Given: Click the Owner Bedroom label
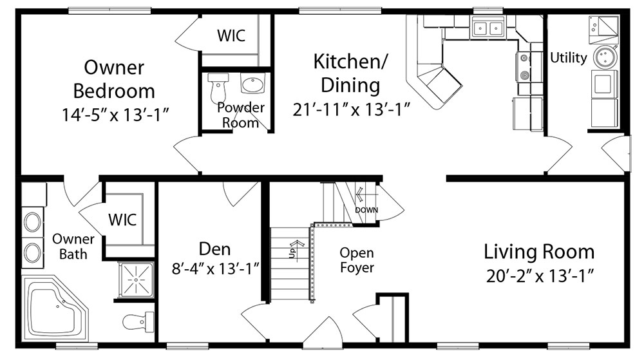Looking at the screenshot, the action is (114, 79).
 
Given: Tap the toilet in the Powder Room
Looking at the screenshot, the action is (218, 88).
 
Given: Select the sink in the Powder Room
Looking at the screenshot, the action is (252, 84).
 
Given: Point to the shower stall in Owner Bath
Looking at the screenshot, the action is (136, 280).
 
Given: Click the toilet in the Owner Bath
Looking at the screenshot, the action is (138, 322).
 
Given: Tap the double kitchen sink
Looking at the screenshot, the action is (488, 28).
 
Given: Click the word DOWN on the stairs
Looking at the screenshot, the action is (366, 210).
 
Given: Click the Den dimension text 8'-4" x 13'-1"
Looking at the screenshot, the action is (215, 269).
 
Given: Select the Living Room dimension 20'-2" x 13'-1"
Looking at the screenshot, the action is (540, 276).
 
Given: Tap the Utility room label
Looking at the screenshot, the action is (569, 57).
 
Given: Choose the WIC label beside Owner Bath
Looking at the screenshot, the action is (122, 220).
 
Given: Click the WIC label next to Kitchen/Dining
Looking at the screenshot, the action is (231, 35).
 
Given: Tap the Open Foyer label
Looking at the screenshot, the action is (357, 260).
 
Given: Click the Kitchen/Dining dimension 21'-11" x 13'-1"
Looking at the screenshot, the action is (351, 110).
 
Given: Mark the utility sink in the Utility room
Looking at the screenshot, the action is (603, 30).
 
